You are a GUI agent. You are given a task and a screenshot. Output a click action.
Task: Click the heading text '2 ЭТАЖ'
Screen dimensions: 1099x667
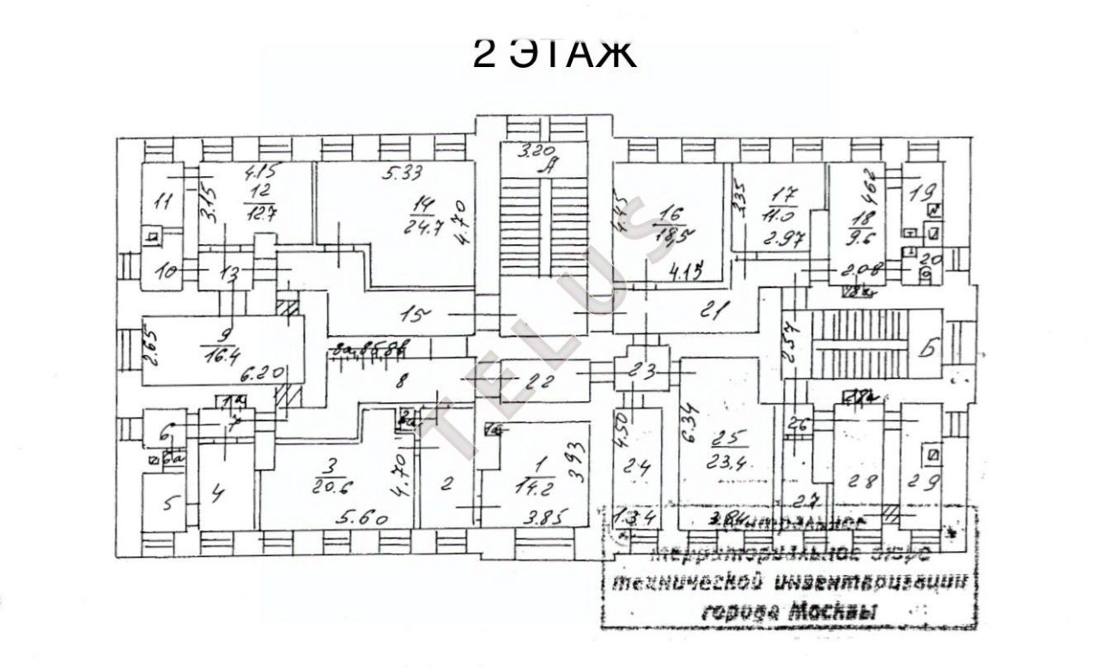[554, 53]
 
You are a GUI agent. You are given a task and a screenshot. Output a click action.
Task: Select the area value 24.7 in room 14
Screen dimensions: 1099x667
[422, 228]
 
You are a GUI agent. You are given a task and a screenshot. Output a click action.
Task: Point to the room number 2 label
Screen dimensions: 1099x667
[446, 483]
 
